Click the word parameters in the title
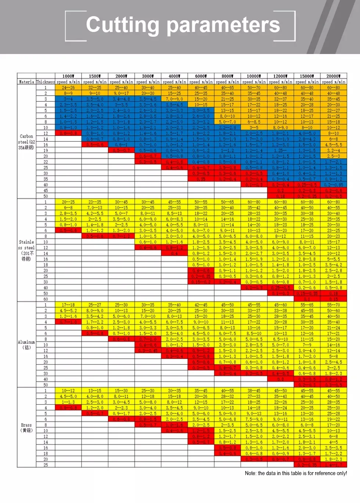(x=223, y=25)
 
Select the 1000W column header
(x=68, y=76)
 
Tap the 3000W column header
(x=148, y=76)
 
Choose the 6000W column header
(x=201, y=76)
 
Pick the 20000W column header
(x=334, y=76)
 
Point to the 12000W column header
(x=280, y=76)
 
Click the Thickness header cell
(x=46, y=82)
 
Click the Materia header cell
(x=26, y=82)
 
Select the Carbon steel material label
(x=26, y=142)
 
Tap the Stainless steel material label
(x=26, y=250)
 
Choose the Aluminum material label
(x=26, y=344)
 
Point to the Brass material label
(x=26, y=427)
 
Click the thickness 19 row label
(x=46, y=150)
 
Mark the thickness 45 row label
(x=46, y=190)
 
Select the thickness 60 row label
(x=46, y=299)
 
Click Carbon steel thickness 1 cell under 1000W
(x=68, y=87)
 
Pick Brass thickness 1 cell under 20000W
(x=334, y=391)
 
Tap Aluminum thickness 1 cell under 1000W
(x=68, y=305)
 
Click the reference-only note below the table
(x=296, y=473)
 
